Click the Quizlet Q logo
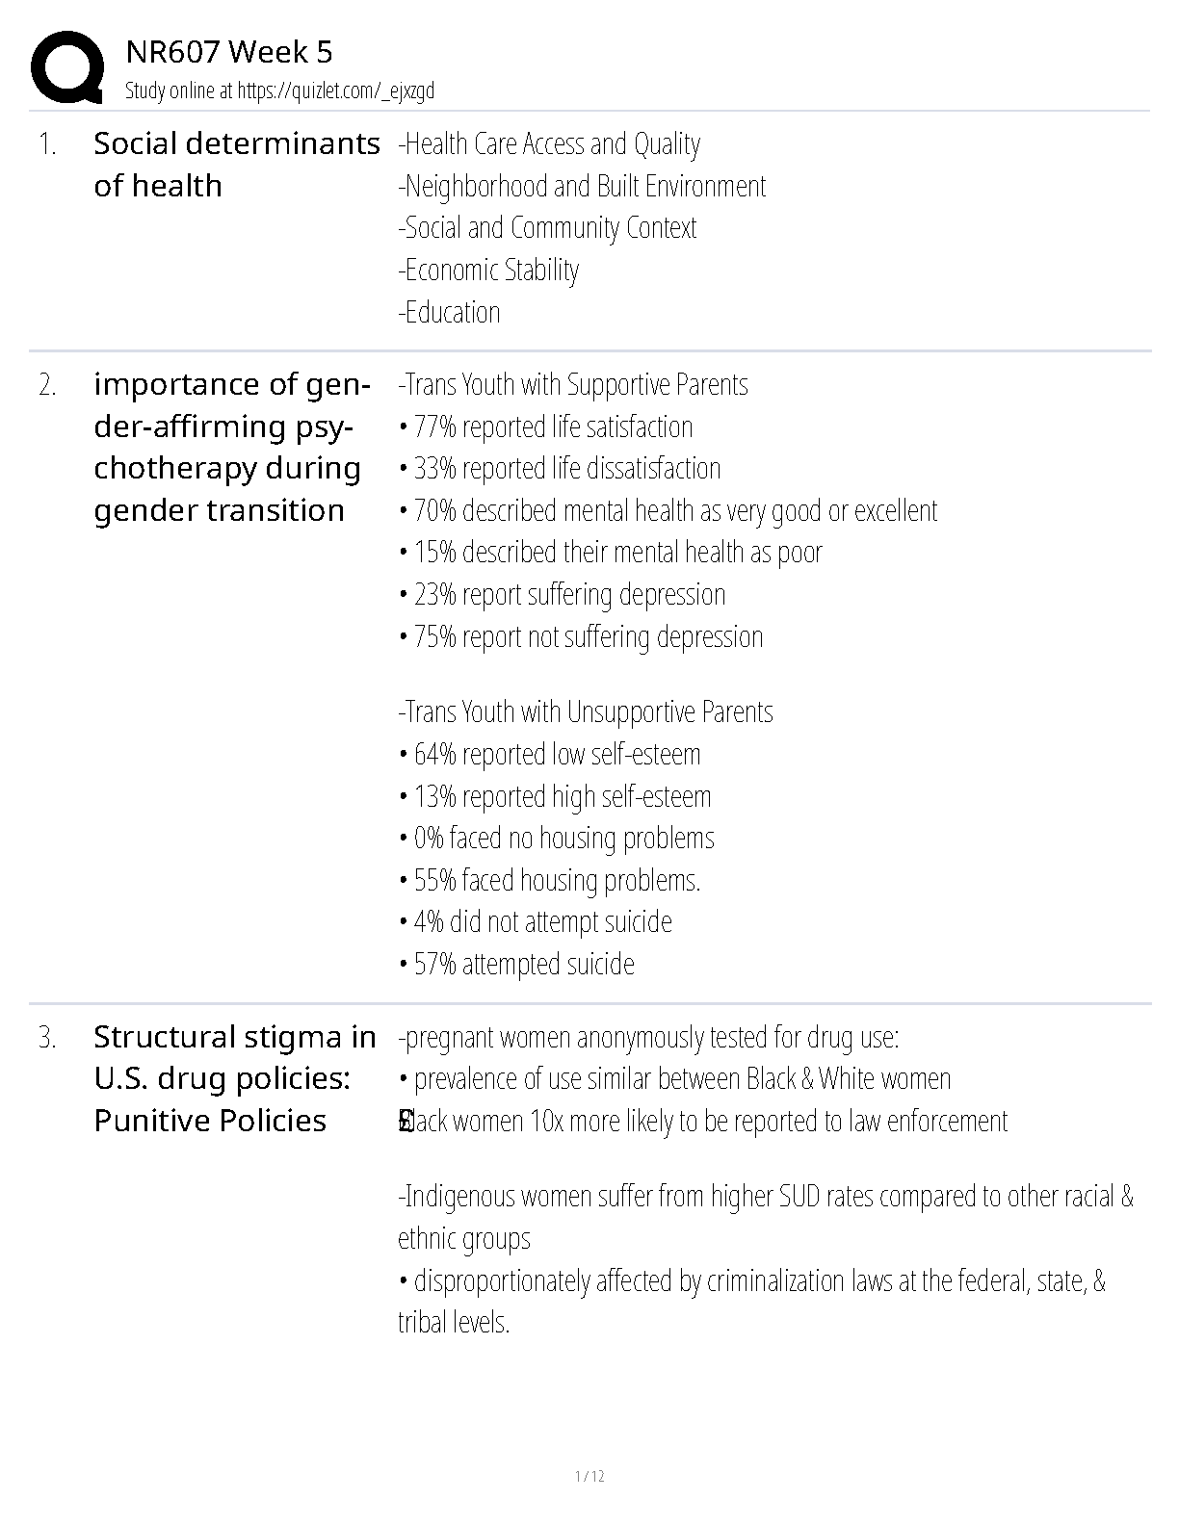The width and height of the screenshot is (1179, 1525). coord(66,67)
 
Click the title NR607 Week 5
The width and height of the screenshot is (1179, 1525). coord(229,52)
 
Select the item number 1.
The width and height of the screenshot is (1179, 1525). coord(47,144)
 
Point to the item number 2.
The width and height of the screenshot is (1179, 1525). coord(47,385)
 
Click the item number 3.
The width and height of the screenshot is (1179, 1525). coord(47,1038)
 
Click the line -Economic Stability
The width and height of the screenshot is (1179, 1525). coord(488,271)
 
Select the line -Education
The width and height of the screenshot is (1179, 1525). coord(449,313)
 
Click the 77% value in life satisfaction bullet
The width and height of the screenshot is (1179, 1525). coord(434,426)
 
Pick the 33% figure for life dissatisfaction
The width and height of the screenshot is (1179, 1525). coord(434,469)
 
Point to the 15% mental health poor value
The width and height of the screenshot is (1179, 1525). coord(434,553)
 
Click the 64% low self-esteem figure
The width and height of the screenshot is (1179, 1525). coord(434,754)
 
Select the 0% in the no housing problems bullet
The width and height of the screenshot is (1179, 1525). coord(428,839)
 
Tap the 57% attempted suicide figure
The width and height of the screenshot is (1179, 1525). coord(434,965)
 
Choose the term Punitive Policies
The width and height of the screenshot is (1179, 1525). coord(210,1121)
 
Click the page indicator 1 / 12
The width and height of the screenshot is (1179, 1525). coord(589,1476)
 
